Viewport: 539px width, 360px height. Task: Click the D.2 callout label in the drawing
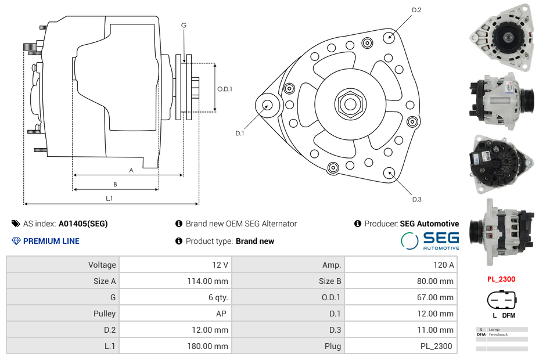pos(416,10)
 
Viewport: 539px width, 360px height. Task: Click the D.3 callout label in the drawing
pos(416,199)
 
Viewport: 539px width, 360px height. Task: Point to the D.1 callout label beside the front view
pos(239,133)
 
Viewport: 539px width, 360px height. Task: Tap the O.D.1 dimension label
pos(225,89)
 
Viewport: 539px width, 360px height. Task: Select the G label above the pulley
pos(184,25)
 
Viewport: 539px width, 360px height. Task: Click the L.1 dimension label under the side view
pos(109,199)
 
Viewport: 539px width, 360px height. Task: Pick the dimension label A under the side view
pos(131,170)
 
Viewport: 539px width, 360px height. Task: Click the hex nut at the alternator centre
pos(350,104)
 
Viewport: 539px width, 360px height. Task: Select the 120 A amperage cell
pos(443,265)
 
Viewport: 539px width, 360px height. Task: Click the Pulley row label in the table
pos(105,314)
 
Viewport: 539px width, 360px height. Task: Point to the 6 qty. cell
pos(218,297)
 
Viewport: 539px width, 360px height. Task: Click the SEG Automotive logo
pos(430,240)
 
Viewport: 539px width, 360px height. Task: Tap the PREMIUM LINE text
pos(51,241)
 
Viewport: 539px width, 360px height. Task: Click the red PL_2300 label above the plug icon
pos(501,279)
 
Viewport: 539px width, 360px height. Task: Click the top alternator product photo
pos(501,36)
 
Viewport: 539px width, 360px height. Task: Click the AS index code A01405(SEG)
pos(83,224)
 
